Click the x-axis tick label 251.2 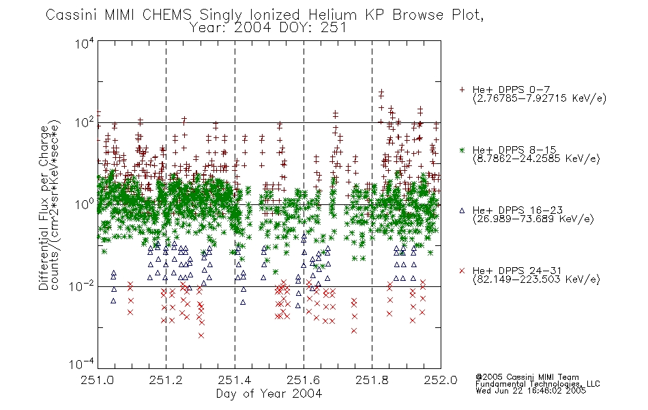166,380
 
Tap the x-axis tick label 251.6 304,380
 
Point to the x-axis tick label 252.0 441,380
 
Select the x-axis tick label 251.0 97,380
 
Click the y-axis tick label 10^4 85,43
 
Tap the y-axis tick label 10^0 85,204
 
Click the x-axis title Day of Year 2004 269,394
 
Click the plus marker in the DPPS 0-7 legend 462,90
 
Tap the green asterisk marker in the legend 462,150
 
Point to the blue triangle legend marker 462,210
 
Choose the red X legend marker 462,271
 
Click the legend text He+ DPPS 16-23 518,210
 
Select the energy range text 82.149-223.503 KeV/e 536,279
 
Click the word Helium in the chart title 332,15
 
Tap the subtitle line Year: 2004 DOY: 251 268,28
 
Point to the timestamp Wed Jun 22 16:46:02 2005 531,391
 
